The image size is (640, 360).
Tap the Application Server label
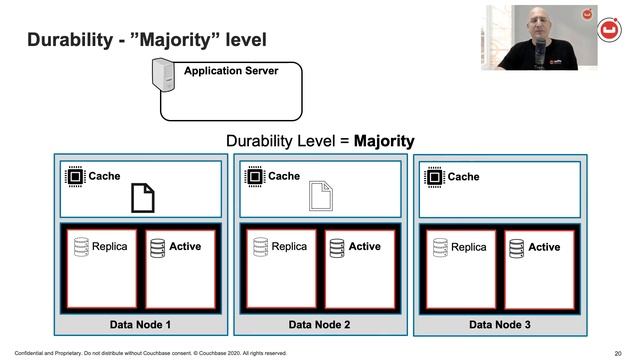231,71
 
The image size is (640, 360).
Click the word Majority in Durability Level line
384,141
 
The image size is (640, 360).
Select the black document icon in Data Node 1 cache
143,198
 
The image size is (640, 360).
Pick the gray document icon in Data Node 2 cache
320,195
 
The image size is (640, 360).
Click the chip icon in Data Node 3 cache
434,177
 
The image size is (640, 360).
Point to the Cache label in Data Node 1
105,176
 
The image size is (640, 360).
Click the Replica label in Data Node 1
109,246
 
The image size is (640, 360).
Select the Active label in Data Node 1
185,246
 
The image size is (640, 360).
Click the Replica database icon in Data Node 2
260,246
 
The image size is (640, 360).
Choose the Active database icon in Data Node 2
336,246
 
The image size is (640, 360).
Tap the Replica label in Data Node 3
469,247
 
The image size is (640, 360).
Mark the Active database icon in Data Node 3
515,247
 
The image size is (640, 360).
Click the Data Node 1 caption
140,324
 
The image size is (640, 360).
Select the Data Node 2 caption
319,324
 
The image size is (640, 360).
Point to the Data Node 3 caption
499,324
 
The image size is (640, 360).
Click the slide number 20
617,353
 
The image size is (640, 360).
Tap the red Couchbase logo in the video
607,31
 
